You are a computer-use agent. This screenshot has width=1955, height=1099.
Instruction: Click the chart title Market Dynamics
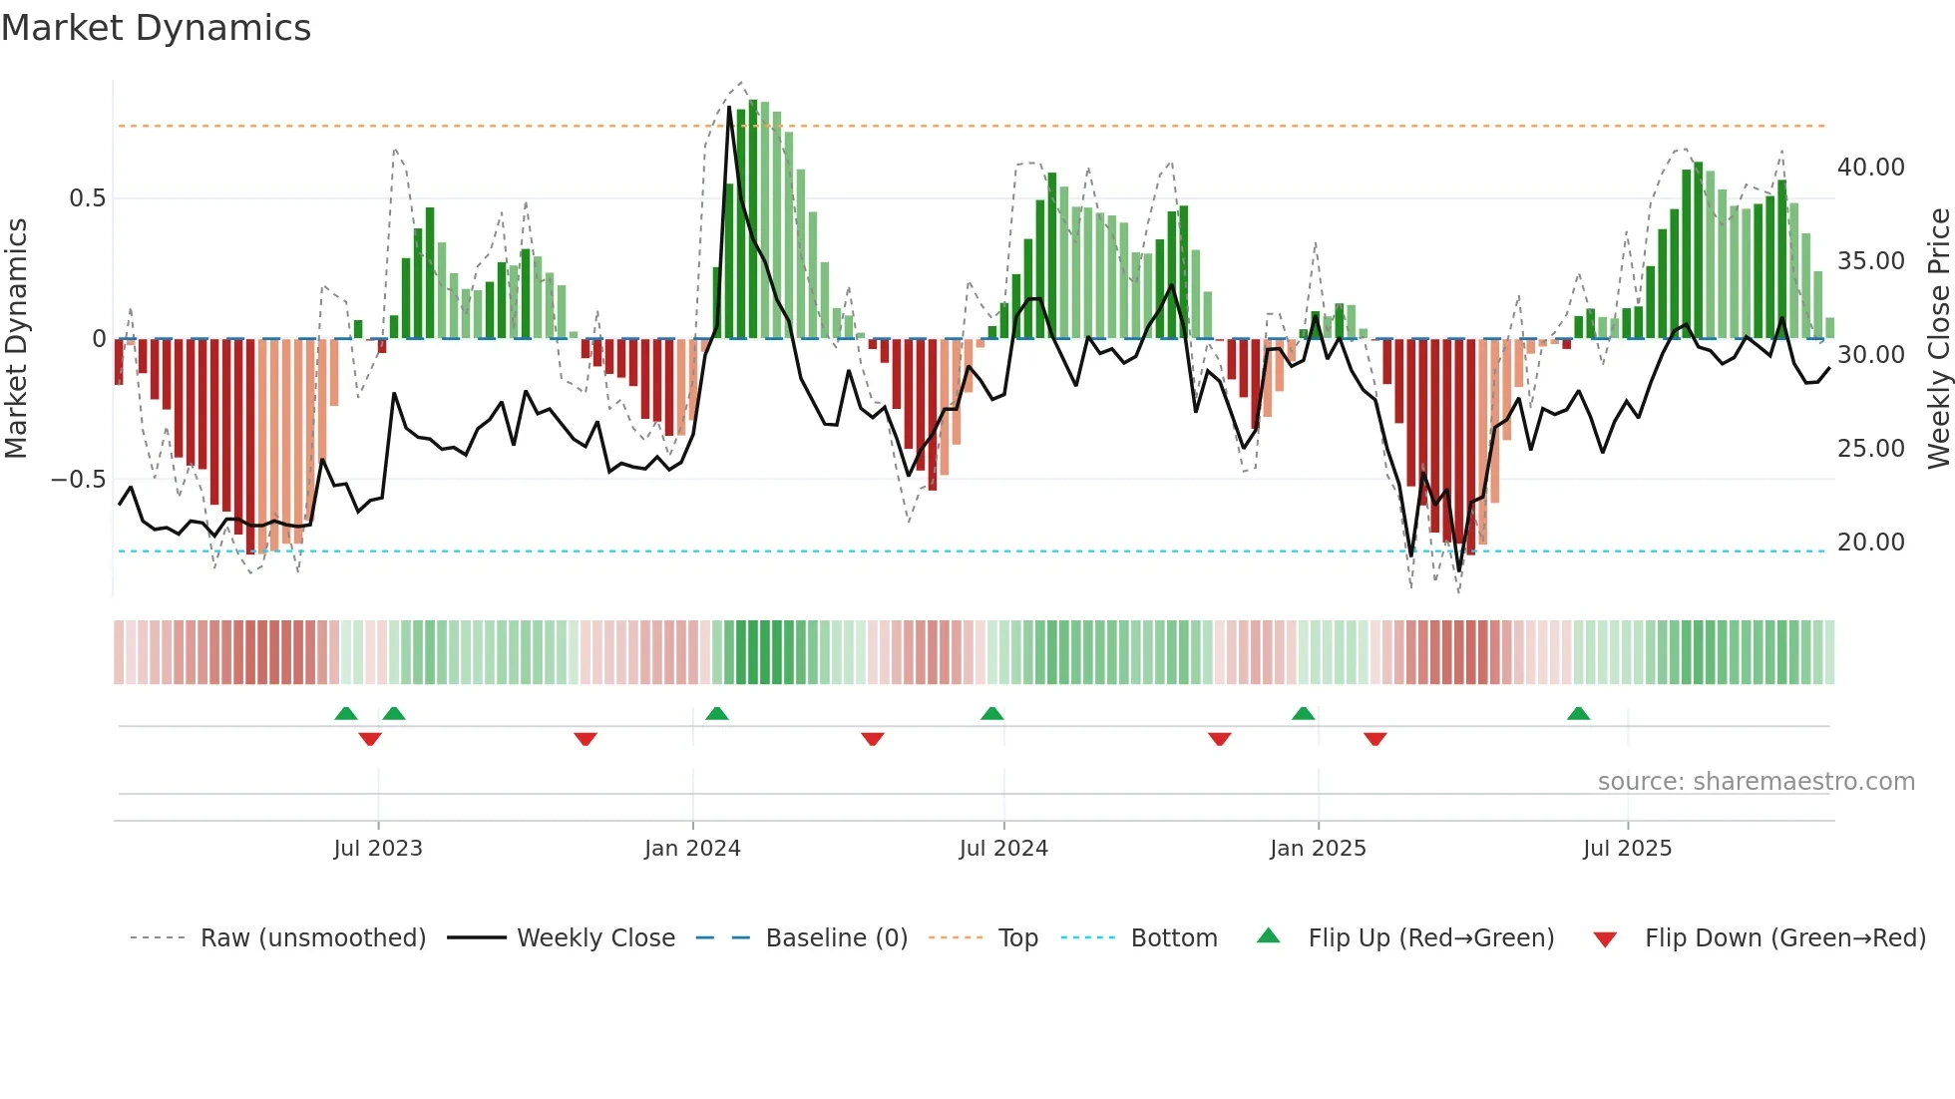(x=156, y=28)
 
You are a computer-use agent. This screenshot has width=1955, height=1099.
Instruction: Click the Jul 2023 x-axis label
(x=378, y=849)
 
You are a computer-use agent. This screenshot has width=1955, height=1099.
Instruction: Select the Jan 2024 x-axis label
(x=692, y=849)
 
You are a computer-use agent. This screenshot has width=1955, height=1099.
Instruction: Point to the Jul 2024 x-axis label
(x=1003, y=849)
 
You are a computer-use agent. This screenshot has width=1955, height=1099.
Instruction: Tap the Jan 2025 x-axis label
(x=1318, y=849)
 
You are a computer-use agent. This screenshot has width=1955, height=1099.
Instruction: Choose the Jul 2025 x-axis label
(x=1627, y=849)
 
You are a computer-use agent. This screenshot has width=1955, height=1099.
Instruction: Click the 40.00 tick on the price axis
(x=1870, y=168)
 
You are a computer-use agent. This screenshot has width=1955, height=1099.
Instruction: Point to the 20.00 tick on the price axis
(x=1870, y=543)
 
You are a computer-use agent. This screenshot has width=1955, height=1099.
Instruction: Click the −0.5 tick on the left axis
(x=78, y=480)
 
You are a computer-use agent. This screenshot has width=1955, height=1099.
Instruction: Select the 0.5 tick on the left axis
(x=87, y=198)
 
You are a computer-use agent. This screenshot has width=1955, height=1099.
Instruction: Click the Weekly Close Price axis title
(x=1938, y=339)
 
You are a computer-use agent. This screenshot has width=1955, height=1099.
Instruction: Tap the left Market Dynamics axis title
(x=16, y=339)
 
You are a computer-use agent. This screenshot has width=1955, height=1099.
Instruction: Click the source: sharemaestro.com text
(x=1756, y=782)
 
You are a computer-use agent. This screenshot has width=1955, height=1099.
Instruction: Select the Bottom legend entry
(x=1173, y=938)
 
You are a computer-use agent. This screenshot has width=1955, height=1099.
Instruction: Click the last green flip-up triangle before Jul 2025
(x=1578, y=714)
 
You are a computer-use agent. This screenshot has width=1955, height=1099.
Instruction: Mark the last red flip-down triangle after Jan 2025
(x=1375, y=739)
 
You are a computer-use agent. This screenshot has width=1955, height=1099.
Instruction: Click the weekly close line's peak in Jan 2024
(x=729, y=107)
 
